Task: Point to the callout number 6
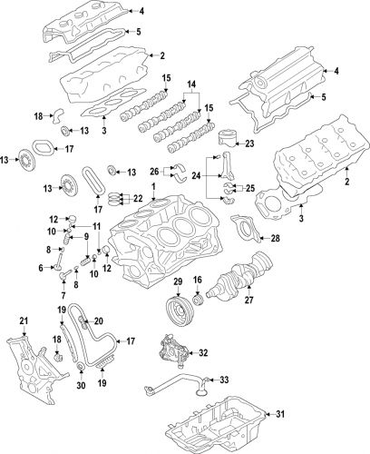42,268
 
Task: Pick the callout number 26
155,170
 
